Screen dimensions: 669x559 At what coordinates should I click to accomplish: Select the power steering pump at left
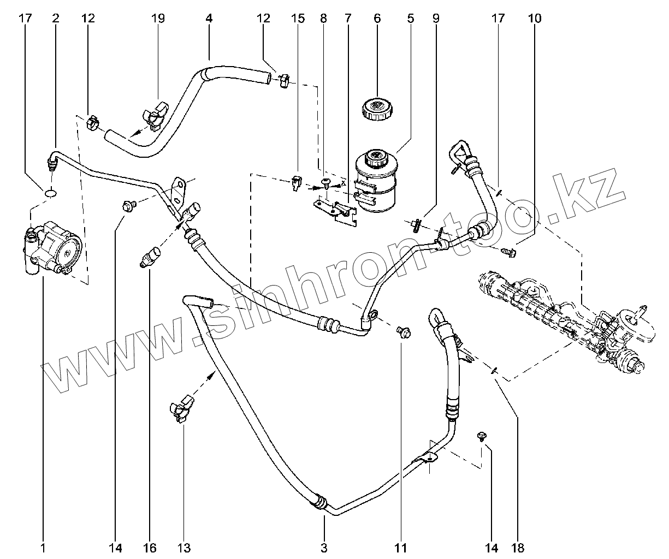[x=53, y=247]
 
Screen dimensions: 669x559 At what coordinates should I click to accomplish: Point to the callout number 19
[x=158, y=18]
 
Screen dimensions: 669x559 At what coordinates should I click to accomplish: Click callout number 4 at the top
[x=209, y=18]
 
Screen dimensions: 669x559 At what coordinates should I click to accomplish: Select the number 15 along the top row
[x=298, y=18]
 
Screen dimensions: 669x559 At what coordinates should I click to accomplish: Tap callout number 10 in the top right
[x=535, y=18]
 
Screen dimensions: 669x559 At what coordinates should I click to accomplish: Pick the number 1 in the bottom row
[x=43, y=548]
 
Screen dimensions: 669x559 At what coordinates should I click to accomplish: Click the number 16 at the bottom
[x=150, y=548]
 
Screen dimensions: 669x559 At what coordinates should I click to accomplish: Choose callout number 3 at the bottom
[x=324, y=548]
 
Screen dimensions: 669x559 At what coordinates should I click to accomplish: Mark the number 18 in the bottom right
[x=518, y=548]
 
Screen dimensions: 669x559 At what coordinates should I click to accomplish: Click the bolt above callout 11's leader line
[x=404, y=332]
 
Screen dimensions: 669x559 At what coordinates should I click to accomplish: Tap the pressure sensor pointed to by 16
[x=150, y=256]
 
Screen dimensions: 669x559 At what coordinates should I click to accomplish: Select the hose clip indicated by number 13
[x=182, y=409]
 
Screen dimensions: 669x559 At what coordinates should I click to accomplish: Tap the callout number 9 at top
[x=435, y=18]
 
